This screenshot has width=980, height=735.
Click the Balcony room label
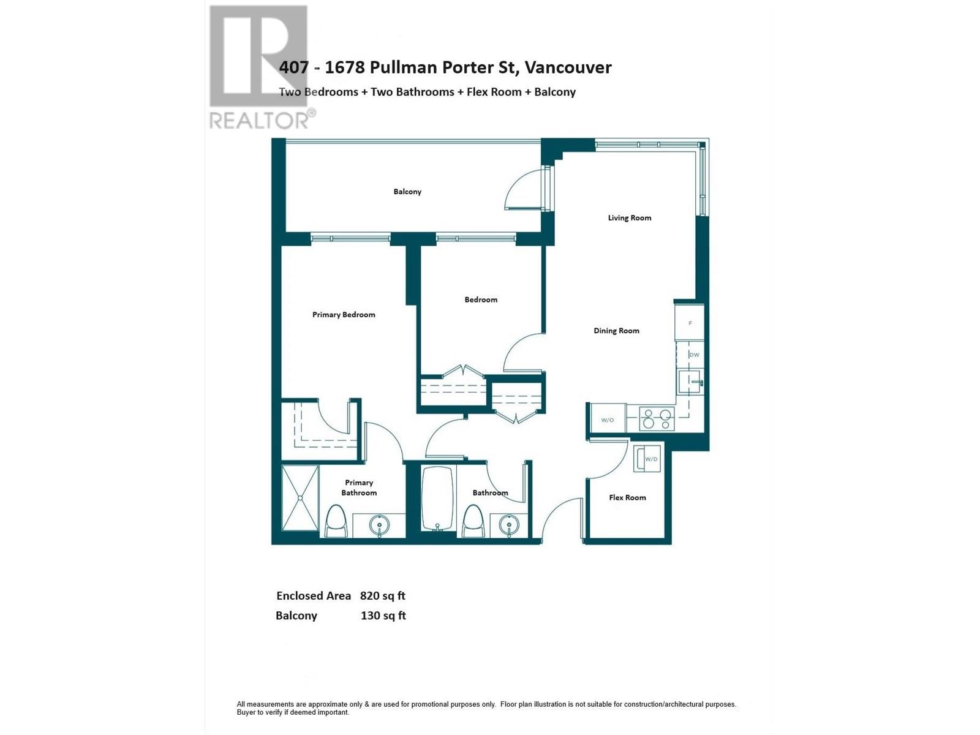click(x=407, y=192)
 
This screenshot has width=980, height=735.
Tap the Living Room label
click(x=629, y=218)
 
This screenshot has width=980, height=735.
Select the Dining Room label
click(x=616, y=331)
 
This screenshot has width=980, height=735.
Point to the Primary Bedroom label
click(x=344, y=315)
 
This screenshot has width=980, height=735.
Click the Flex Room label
click(x=627, y=497)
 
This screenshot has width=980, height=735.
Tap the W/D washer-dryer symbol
click(x=647, y=459)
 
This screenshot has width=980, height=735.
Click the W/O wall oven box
click(x=607, y=420)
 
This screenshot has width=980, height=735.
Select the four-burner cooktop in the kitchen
click(x=657, y=419)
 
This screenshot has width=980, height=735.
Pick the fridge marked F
click(x=690, y=323)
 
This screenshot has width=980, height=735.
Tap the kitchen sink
click(x=690, y=382)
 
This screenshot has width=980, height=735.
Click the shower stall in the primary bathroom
click(x=300, y=498)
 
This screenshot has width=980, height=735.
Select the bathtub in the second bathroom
click(x=437, y=499)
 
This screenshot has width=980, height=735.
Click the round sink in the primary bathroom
click(x=380, y=525)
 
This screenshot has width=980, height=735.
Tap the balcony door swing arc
click(x=524, y=190)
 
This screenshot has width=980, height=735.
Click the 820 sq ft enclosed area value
click(x=382, y=596)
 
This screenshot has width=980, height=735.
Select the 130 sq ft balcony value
click(x=383, y=616)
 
